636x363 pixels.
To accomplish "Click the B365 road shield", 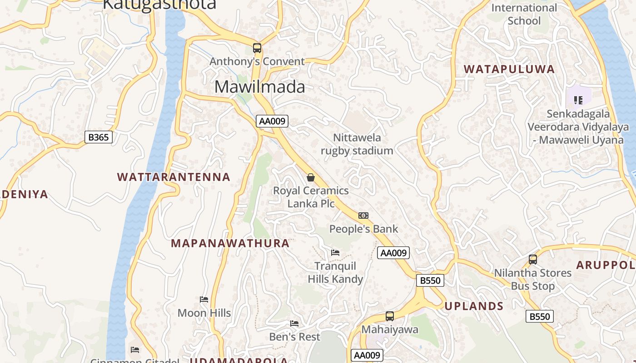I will pyautogui.click(x=98, y=137).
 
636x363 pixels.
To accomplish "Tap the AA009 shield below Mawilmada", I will pyautogui.click(x=272, y=121).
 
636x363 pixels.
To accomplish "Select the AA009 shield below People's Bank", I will pyautogui.click(x=393, y=253).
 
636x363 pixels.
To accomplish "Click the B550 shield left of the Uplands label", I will pyautogui.click(x=430, y=280).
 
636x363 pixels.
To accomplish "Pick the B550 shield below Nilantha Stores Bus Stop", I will pyautogui.click(x=540, y=316).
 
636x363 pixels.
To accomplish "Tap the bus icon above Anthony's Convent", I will pyautogui.click(x=257, y=48).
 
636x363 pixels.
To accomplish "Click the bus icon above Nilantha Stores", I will pyautogui.click(x=533, y=260).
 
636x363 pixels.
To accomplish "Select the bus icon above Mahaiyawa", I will pyautogui.click(x=389, y=316).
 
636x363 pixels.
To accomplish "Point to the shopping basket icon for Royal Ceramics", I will pyautogui.click(x=311, y=177).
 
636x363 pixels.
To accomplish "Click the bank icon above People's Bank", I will pyautogui.click(x=363, y=216).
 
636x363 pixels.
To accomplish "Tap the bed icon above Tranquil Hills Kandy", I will pyautogui.click(x=335, y=252).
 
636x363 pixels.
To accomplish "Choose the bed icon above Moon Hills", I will pyautogui.click(x=204, y=299).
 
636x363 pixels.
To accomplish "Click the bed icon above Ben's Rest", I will pyautogui.click(x=294, y=324).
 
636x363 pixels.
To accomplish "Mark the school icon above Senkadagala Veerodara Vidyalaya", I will pyautogui.click(x=578, y=100).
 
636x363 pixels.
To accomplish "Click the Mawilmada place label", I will pyautogui.click(x=259, y=87).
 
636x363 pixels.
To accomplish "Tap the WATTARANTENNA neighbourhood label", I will pyautogui.click(x=174, y=177).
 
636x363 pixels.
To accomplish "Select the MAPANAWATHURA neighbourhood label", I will pyautogui.click(x=230, y=243).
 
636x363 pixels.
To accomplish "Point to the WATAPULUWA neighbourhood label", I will pyautogui.click(x=509, y=69).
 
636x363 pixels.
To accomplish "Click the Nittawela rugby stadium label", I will pyautogui.click(x=357, y=144).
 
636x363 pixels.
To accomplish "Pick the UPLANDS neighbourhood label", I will pyautogui.click(x=474, y=306).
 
